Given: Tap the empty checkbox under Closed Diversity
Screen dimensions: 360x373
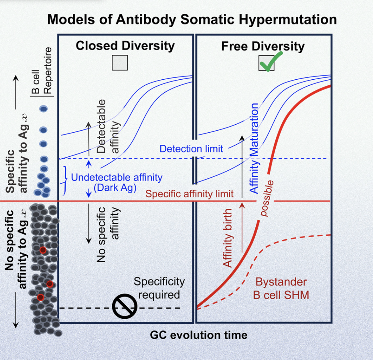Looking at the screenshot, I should (x=120, y=63).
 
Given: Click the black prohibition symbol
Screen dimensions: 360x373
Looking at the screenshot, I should (x=125, y=306).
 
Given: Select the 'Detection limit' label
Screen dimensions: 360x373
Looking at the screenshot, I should (x=191, y=149).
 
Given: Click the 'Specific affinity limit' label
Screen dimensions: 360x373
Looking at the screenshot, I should (x=189, y=194).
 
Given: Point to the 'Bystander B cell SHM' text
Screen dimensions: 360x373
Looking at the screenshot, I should (x=281, y=288).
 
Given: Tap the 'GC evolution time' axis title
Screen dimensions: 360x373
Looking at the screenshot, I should (x=198, y=335).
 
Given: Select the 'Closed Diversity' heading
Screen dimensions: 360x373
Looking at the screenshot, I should (x=125, y=46).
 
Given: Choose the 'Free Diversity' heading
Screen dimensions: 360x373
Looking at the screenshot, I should (x=263, y=46).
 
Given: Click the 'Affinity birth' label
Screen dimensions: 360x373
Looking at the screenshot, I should (x=228, y=238).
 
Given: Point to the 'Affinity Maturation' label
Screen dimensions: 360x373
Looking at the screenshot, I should (x=254, y=148).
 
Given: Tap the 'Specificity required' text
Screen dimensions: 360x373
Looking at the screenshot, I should (x=159, y=288).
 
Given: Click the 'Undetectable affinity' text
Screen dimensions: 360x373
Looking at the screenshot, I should (x=117, y=177).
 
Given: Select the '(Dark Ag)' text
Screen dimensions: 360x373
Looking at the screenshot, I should (x=115, y=188).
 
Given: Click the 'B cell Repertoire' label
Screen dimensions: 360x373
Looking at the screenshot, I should (x=42, y=71).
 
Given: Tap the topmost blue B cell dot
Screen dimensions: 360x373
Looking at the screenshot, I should (x=44, y=109).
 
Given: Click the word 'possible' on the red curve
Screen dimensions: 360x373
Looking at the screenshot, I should (x=266, y=198).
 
